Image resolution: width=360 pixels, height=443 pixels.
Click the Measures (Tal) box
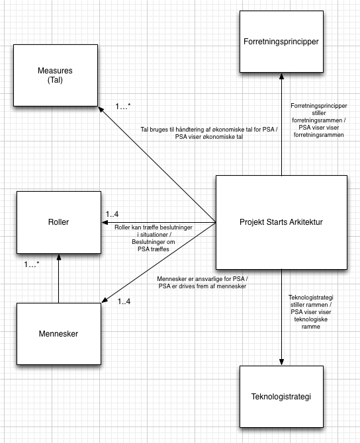tap(58, 74)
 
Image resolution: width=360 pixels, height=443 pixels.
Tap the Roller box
tap(58, 223)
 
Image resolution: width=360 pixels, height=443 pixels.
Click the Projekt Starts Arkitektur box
tap(281, 222)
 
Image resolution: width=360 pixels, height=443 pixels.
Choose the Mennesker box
tap(58, 333)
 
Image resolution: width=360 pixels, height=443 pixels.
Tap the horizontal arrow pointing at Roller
tap(159, 223)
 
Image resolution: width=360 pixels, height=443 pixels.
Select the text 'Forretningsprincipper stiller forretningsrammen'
tap(320, 120)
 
